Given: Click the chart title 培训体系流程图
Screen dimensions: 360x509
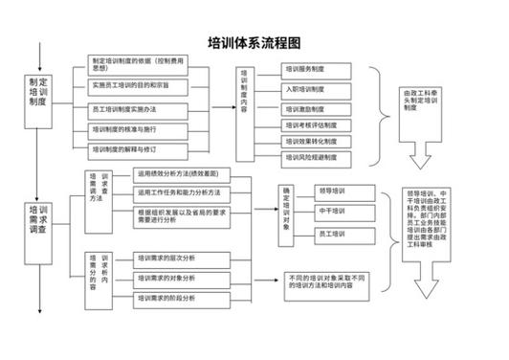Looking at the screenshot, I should click(x=254, y=43).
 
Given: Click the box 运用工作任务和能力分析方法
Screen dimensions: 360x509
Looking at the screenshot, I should click(x=183, y=192).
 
